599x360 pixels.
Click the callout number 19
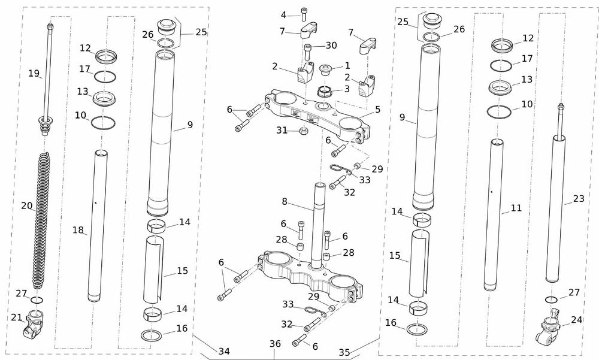click(34, 73)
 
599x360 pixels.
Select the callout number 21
click(16, 317)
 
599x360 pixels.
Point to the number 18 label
click(77, 230)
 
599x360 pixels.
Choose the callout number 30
click(331, 46)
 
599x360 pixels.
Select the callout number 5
click(378, 110)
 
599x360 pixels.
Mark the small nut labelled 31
click(304, 131)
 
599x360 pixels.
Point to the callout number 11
click(516, 208)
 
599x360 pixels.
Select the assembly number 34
click(223, 351)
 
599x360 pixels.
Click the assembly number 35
click(344, 353)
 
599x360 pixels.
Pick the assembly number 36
click(275, 344)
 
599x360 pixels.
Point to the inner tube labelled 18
click(99, 228)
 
